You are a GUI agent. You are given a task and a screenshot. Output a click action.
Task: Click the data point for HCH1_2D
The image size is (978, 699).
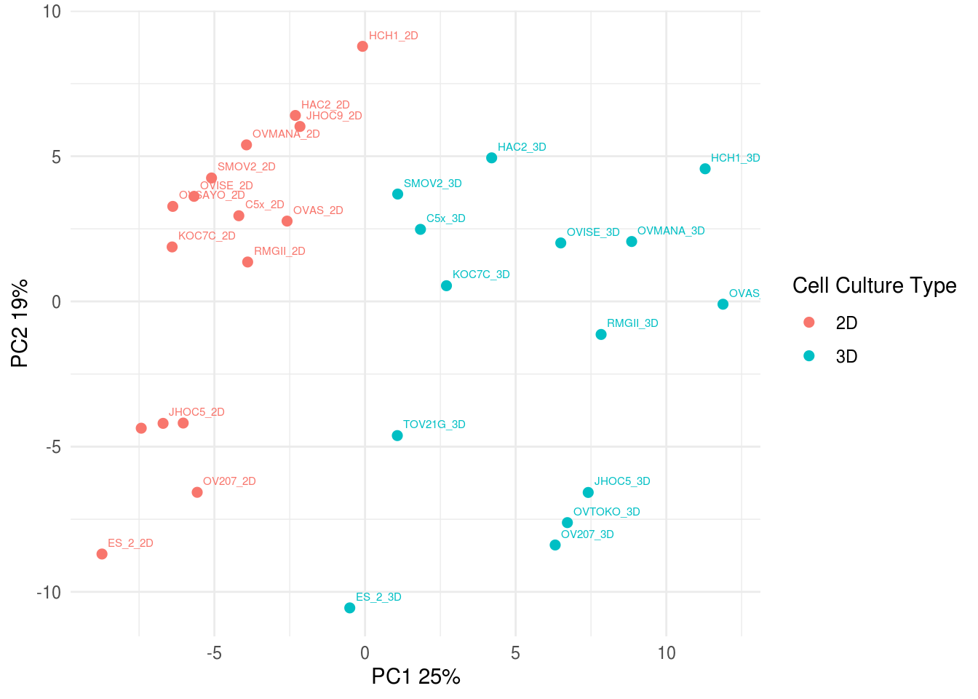pyautogui.click(x=362, y=47)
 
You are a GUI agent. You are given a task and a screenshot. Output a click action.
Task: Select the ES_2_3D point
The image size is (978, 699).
pyautogui.click(x=350, y=608)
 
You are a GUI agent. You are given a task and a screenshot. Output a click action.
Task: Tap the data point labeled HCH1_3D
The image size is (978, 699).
pyautogui.click(x=705, y=169)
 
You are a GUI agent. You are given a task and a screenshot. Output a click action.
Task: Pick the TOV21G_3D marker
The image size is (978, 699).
pyautogui.click(x=397, y=436)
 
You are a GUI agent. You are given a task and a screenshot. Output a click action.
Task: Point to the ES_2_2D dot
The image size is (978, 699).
pyautogui.click(x=102, y=554)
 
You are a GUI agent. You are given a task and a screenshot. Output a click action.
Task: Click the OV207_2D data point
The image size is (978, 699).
pyautogui.click(x=197, y=493)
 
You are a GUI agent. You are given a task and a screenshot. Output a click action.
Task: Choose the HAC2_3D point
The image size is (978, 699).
pyautogui.click(x=492, y=158)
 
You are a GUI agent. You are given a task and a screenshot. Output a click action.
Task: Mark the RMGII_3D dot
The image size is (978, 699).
pyautogui.click(x=601, y=335)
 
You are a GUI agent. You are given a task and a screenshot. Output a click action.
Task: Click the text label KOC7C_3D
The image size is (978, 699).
pyautogui.click(x=481, y=275)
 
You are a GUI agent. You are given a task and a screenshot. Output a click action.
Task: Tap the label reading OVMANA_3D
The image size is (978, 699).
pyautogui.click(x=671, y=231)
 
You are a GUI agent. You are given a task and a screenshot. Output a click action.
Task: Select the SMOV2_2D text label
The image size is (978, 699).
pyautogui.click(x=247, y=167)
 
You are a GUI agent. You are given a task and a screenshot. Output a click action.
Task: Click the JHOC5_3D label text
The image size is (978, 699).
pyautogui.click(x=622, y=481)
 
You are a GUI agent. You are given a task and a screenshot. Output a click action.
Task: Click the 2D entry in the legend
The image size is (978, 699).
pyautogui.click(x=846, y=323)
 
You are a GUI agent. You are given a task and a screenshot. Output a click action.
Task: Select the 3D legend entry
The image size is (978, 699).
pyautogui.click(x=846, y=356)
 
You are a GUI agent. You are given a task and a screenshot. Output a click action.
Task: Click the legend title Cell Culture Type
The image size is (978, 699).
pyautogui.click(x=874, y=285)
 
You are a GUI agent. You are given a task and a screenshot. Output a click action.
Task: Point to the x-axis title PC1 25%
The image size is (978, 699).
pyautogui.click(x=416, y=676)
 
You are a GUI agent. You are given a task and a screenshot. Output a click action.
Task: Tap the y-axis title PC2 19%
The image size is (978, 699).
pyautogui.click(x=20, y=323)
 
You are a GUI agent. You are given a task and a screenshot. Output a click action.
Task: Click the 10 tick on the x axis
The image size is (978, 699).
pyautogui.click(x=667, y=653)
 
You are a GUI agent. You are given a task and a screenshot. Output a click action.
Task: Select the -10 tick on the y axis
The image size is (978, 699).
pyautogui.click(x=49, y=592)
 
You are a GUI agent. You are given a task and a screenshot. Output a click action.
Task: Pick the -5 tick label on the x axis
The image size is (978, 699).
pyautogui.click(x=214, y=653)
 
